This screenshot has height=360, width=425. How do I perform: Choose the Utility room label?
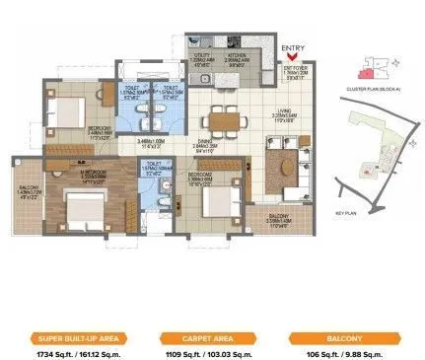[x=201, y=59]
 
